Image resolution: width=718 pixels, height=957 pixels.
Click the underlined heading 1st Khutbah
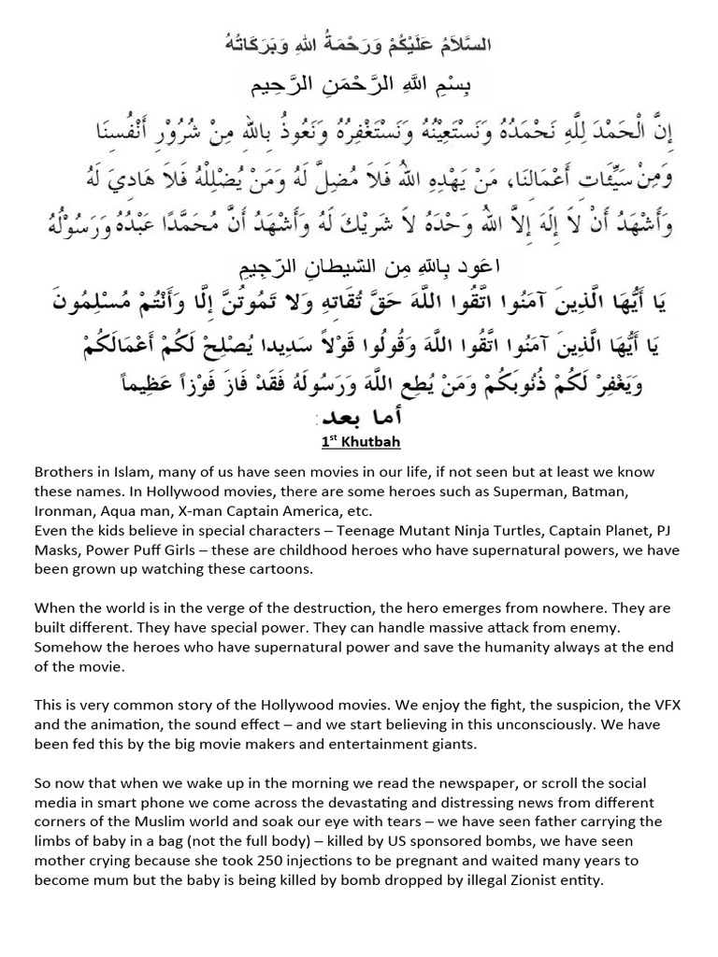click(x=358, y=442)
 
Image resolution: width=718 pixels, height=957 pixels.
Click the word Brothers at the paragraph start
click(x=65, y=472)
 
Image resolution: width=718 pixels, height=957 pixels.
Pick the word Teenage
click(x=357, y=531)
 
